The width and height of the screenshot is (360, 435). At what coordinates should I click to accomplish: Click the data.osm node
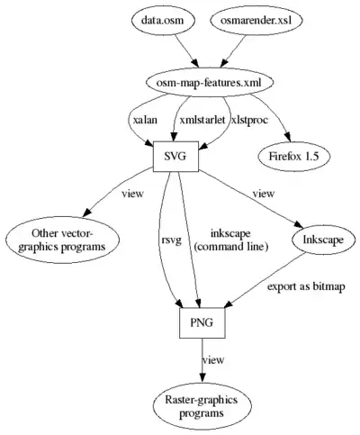(x=163, y=21)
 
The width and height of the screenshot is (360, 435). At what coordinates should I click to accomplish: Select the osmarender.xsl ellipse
(x=256, y=21)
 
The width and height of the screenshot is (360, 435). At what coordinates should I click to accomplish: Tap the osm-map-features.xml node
(x=209, y=83)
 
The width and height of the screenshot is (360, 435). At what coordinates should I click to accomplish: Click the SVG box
(x=175, y=157)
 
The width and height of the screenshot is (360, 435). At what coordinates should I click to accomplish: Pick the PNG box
(x=202, y=322)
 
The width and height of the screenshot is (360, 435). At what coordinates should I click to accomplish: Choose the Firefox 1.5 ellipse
(x=293, y=157)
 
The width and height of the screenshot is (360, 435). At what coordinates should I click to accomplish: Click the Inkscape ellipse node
(x=323, y=240)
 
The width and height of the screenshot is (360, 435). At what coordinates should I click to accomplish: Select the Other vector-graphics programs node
(x=62, y=240)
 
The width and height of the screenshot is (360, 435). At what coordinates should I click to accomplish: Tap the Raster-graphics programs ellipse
(x=202, y=406)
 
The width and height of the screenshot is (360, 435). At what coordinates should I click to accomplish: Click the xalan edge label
(x=145, y=120)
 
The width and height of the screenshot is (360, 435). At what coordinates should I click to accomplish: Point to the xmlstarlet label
(x=202, y=120)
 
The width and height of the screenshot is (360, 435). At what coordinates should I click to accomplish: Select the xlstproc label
(x=249, y=120)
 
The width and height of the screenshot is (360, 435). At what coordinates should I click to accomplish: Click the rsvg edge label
(x=171, y=240)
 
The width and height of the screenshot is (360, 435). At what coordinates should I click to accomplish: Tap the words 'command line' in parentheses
(x=230, y=247)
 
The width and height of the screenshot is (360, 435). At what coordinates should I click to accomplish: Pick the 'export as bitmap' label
(x=306, y=286)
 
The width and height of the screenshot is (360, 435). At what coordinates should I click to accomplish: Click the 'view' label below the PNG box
(x=213, y=359)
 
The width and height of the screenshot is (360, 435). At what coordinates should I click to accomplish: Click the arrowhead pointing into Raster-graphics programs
(x=202, y=377)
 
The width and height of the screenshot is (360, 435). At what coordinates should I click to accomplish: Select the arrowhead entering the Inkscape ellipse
(x=299, y=225)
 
